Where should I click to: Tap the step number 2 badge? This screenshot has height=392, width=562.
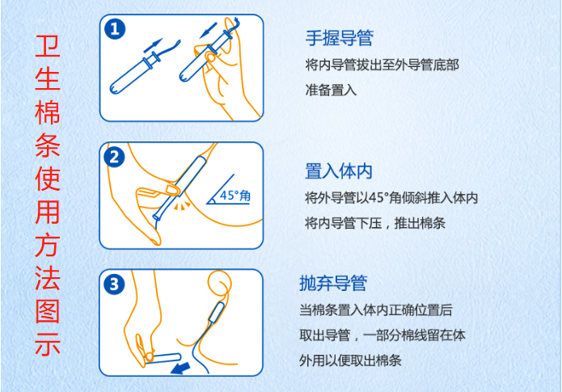tap(116, 157)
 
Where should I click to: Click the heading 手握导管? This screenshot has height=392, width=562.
tap(339, 37)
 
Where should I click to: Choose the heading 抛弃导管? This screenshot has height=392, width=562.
tap(332, 283)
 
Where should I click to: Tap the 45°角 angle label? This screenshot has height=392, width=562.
tap(239, 196)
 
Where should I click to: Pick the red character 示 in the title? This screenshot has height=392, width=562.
tap(47, 345)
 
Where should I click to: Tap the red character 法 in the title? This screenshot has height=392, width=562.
tap(47, 280)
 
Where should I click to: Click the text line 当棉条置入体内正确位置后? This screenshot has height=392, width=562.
tap(375, 310)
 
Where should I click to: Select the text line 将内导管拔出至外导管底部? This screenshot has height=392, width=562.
tap(382, 65)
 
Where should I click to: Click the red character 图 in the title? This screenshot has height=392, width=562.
tap(47, 313)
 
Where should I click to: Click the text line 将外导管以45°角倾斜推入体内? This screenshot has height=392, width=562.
tap(391, 198)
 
